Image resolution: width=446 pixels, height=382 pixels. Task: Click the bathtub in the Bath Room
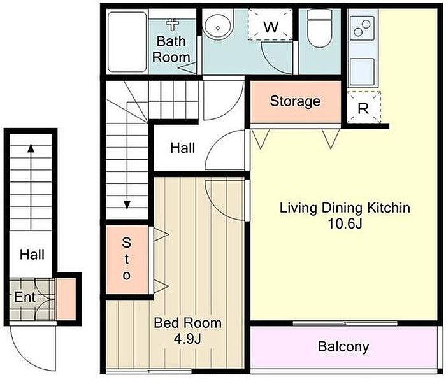pyautogui.click(x=127, y=42)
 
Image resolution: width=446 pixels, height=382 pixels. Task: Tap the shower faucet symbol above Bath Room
pyautogui.click(x=173, y=24)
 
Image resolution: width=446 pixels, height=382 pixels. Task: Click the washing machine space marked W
pyautogui.click(x=270, y=24)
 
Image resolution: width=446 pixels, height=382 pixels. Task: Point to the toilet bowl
pyautogui.click(x=320, y=29)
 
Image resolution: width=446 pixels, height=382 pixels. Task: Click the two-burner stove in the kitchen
pyautogui.click(x=362, y=28)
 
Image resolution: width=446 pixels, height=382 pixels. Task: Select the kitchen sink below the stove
pyautogui.click(x=362, y=71)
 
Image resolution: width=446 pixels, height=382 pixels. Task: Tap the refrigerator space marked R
pyautogui.click(x=363, y=108)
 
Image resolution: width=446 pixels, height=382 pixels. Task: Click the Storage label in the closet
pyautogui.click(x=295, y=101)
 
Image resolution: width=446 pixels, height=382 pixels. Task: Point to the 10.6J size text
pyautogui.click(x=345, y=224)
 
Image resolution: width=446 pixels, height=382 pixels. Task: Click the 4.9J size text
pyautogui.click(x=187, y=339)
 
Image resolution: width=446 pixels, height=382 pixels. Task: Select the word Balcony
pyautogui.click(x=343, y=347)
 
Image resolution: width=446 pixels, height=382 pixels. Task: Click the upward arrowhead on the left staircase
pyautogui.click(x=31, y=148)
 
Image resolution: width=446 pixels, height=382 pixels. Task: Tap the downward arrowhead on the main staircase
pyautogui.click(x=127, y=204)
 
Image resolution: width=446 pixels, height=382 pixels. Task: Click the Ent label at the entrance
pyautogui.click(x=25, y=297)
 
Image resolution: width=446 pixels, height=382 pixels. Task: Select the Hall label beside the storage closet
pyautogui.click(x=183, y=148)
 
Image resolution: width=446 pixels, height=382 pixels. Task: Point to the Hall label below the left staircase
pyautogui.click(x=32, y=255)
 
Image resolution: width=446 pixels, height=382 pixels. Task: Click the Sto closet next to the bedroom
pyautogui.click(x=127, y=260)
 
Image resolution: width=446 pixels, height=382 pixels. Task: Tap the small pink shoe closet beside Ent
pyautogui.click(x=66, y=299)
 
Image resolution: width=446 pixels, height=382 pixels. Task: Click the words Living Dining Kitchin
pyautogui.click(x=345, y=208)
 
